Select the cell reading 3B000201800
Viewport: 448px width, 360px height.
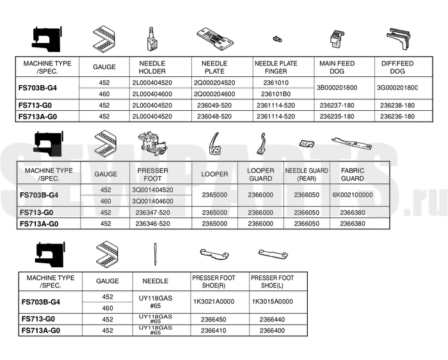click(337, 88)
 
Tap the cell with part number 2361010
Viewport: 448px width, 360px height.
click(276, 83)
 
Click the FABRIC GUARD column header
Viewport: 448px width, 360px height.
click(352, 174)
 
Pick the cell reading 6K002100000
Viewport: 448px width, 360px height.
click(352, 195)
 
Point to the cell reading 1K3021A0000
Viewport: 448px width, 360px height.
click(214, 301)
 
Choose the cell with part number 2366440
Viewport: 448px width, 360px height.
click(272, 319)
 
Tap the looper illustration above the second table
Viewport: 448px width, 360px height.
click(214, 143)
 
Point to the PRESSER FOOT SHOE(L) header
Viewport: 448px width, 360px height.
click(272, 281)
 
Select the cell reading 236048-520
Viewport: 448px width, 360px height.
click(214, 117)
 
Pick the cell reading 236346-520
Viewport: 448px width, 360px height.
click(153, 224)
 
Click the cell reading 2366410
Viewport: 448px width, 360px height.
click(214, 331)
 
